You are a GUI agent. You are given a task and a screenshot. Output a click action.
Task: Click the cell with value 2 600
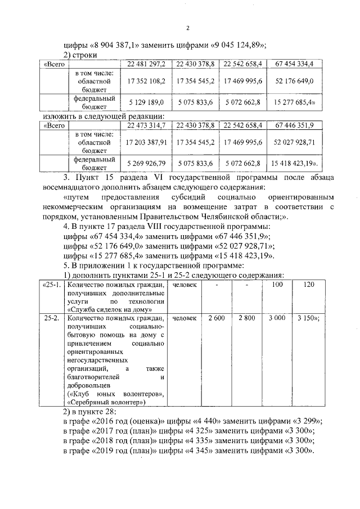[216, 318]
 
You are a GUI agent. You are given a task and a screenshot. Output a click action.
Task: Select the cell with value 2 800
[246, 318]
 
